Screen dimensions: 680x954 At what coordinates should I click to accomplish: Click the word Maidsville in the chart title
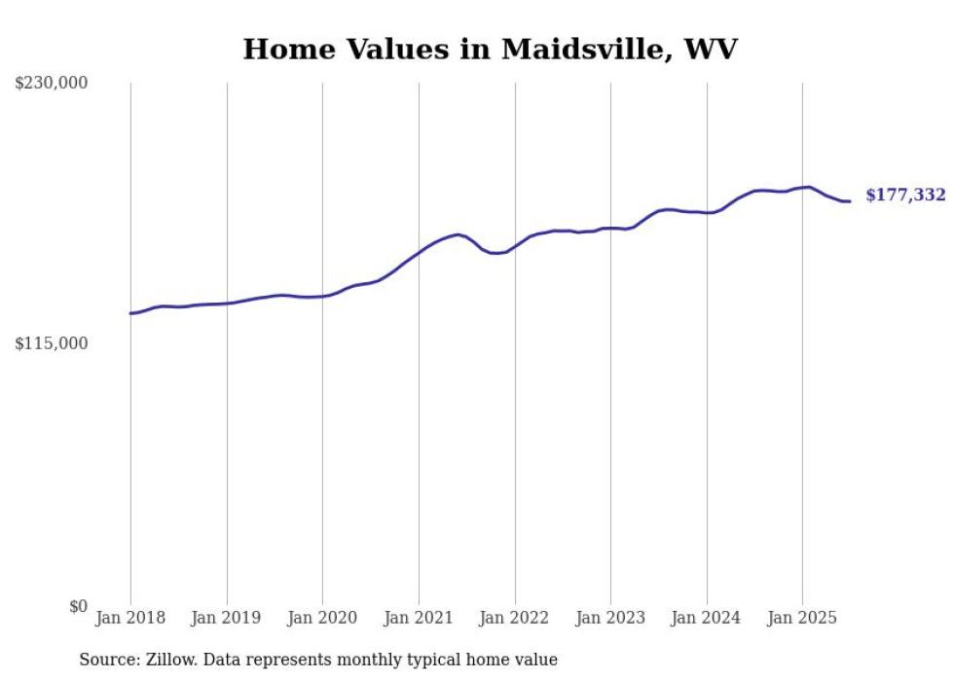[582, 50]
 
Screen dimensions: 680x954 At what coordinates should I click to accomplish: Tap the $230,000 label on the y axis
[52, 84]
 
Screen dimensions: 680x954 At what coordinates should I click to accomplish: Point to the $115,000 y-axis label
[52, 343]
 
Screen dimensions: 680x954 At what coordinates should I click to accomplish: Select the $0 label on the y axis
[78, 606]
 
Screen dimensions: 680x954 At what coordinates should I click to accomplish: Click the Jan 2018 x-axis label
[130, 618]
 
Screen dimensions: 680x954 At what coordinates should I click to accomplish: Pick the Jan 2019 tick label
[227, 618]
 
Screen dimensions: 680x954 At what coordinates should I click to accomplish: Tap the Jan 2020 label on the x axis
[322, 618]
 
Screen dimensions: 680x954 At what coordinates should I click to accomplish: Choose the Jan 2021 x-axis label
[419, 618]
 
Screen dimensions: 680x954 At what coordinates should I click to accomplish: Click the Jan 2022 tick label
[515, 618]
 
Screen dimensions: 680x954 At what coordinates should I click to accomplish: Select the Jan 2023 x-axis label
[610, 618]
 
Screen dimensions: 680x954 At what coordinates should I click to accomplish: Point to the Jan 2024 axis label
[707, 618]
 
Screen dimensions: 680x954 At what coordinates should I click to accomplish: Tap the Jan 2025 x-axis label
[802, 618]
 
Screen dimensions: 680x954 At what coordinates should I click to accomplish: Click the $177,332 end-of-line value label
[905, 196]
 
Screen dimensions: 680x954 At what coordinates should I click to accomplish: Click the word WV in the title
[712, 50]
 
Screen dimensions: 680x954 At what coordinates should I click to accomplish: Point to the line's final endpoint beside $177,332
[850, 201]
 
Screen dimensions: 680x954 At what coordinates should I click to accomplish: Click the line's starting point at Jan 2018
[130, 313]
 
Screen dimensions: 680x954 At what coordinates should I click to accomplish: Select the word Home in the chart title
[282, 50]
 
